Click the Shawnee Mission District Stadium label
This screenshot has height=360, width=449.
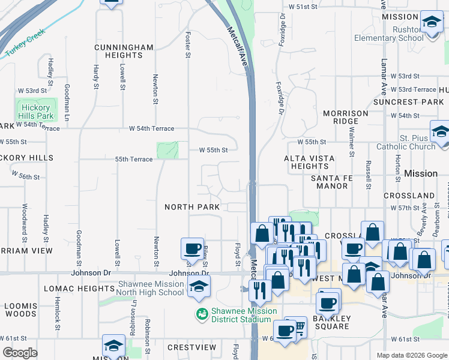coord(243,315)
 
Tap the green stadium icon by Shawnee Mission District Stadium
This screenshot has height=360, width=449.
coord(202,313)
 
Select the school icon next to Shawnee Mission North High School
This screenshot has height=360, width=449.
coord(198,287)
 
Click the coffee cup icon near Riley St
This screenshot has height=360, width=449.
coord(192,248)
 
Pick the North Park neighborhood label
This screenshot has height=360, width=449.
coord(192,207)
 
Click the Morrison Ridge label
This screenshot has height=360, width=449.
coord(345,118)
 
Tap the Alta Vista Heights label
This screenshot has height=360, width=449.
coord(306,162)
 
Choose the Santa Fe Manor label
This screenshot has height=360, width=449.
coord(330,182)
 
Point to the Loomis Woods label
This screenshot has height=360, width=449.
coord(21,310)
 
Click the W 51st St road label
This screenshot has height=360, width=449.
coord(303,7)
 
